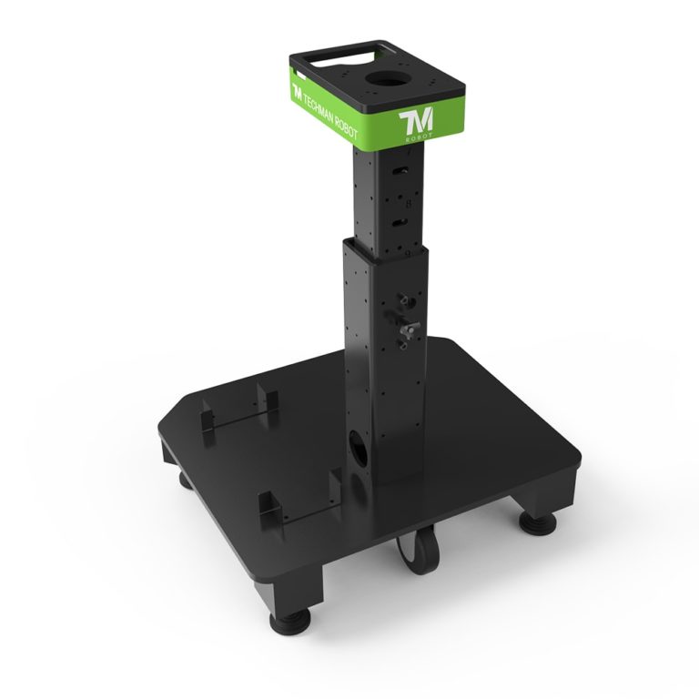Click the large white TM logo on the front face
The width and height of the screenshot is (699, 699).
[x=417, y=120]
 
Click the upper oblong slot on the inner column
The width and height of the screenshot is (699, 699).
[x=397, y=173]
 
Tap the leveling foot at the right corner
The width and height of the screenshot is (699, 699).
[x=538, y=522]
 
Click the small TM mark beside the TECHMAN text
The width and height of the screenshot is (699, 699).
[x=297, y=92]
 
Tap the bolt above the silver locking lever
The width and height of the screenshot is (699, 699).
[x=403, y=299]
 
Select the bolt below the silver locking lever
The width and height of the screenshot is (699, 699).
[x=403, y=344]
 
